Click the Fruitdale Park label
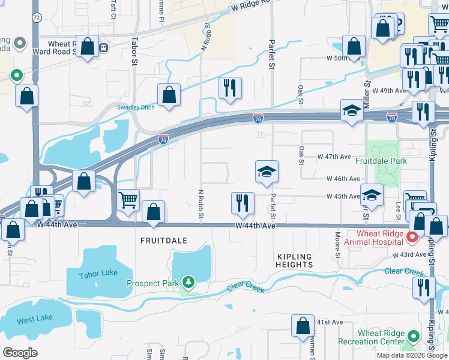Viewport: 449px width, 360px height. click(x=381, y=161)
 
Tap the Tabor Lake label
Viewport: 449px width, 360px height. click(x=98, y=274)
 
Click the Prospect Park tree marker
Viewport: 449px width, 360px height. click(x=189, y=282)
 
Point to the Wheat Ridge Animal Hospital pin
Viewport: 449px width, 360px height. click(x=412, y=238)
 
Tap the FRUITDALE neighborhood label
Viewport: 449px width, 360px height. click(x=164, y=241)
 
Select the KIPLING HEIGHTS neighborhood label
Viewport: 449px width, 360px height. click(x=295, y=260)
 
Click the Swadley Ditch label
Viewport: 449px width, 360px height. click(x=136, y=107)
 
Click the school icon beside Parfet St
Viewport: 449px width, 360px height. click(x=267, y=172)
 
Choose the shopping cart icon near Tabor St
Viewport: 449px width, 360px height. click(x=128, y=200)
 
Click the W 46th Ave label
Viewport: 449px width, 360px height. click(x=343, y=179)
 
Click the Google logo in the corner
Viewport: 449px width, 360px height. click(x=20, y=352)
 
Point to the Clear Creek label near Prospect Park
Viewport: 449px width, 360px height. click(x=246, y=289)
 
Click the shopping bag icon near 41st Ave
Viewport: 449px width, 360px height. click(x=303, y=326)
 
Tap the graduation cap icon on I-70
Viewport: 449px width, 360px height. click(x=352, y=110)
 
